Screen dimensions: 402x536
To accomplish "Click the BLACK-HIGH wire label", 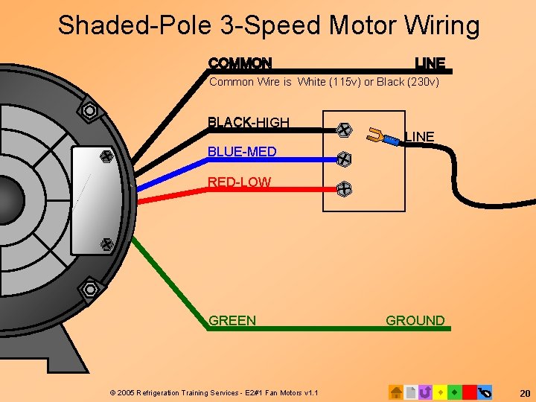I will point(248,122).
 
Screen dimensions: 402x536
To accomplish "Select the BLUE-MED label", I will point(242,152).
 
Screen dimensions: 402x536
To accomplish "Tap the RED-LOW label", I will point(239,182).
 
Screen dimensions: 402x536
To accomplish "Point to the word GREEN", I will point(232,321).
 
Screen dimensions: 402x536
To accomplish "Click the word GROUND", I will point(415,321).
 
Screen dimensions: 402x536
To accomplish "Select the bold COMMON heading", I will point(240,63).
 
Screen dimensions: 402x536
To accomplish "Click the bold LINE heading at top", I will point(430,63).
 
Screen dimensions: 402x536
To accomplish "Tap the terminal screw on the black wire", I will point(343,130).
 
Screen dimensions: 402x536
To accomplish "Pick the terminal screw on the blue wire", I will point(343,159).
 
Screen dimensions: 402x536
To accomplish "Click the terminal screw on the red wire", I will point(343,189).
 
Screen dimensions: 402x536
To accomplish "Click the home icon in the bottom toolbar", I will point(396,392).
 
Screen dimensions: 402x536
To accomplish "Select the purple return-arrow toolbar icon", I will point(425,392).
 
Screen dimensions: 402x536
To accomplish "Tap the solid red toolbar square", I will point(469,392).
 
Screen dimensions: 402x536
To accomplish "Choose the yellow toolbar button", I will point(440,392).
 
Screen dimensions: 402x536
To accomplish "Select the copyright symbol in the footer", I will point(112,392).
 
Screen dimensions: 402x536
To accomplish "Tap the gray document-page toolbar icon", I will point(410,392).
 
